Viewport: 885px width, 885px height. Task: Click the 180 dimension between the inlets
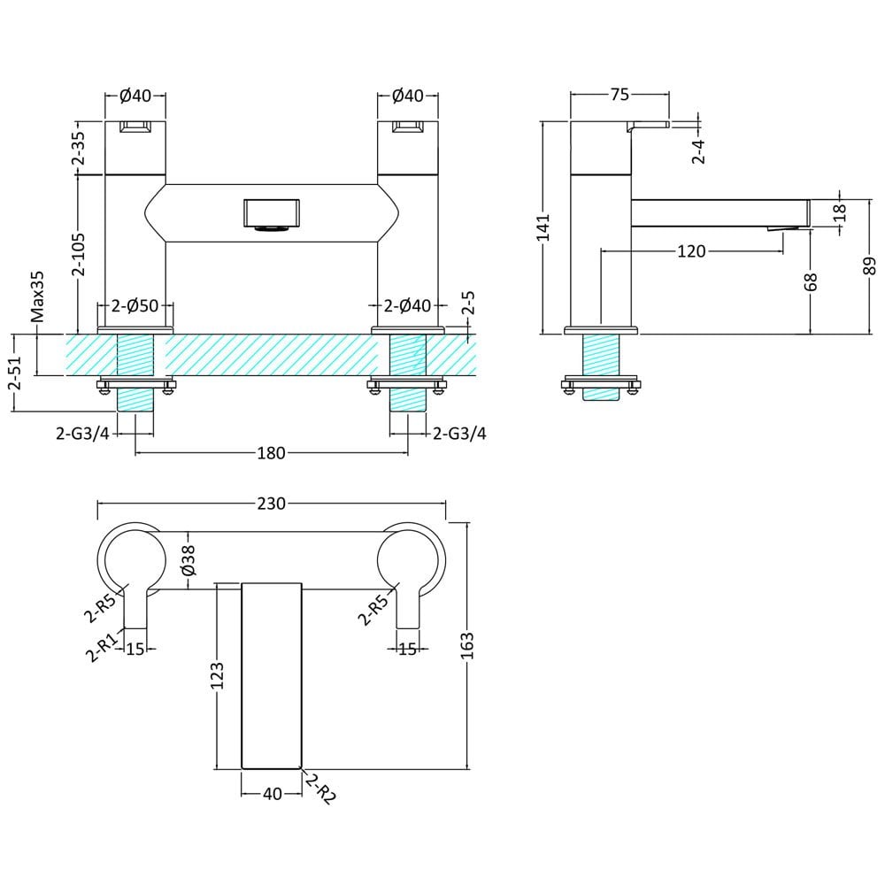(271, 453)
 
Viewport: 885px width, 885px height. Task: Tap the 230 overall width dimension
(272, 503)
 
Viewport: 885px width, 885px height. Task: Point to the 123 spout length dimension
(217, 675)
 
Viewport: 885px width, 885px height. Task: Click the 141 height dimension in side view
(543, 227)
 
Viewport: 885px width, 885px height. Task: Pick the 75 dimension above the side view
(619, 95)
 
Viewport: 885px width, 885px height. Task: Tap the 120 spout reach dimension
(691, 251)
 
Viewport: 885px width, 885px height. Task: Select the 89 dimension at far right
(870, 265)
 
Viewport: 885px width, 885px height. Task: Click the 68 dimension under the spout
(811, 282)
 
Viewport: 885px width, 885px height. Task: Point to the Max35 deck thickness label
(37, 296)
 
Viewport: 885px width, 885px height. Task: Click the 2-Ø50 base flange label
(135, 306)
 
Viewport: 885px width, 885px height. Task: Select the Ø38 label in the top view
(189, 560)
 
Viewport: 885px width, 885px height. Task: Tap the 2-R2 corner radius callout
(320, 789)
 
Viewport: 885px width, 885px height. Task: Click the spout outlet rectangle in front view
(272, 212)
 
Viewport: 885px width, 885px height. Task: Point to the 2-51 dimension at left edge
(14, 373)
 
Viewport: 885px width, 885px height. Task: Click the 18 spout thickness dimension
(840, 212)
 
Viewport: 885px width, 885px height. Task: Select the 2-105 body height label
(79, 254)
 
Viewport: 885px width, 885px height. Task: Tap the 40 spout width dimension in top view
(272, 794)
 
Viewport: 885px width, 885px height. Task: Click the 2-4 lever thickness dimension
(699, 150)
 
